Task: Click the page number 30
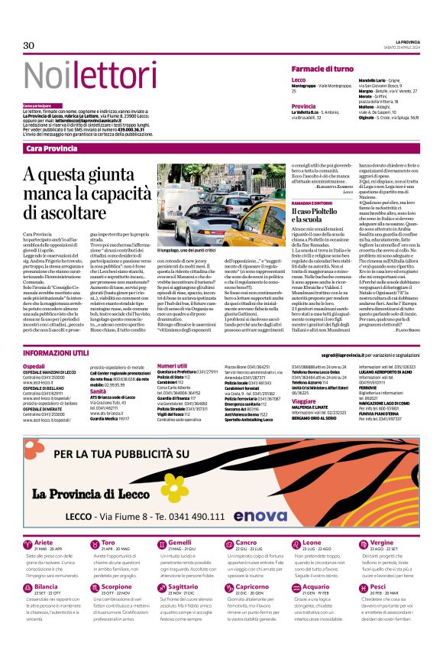[29, 45]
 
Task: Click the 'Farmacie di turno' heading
[322, 69]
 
